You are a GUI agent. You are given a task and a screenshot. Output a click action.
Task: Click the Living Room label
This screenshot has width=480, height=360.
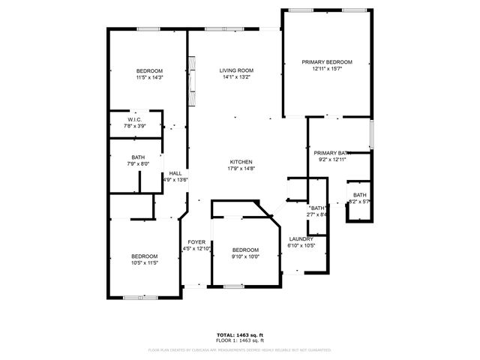234,70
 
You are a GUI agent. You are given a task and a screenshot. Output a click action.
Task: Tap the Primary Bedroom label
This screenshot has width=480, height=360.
327,62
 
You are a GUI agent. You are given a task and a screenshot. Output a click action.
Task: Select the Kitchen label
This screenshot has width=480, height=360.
240,162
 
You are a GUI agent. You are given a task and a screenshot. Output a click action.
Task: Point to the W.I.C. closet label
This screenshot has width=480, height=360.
135,120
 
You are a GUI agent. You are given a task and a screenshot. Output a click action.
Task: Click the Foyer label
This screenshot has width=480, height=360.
196,241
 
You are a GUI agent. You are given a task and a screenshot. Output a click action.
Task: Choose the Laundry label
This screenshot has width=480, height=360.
301,239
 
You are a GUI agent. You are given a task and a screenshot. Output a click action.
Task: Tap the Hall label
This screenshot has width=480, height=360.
175,174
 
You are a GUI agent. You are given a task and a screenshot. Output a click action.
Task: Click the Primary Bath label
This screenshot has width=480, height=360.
332,153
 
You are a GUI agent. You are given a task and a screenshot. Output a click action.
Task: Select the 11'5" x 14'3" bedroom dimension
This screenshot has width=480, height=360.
149,77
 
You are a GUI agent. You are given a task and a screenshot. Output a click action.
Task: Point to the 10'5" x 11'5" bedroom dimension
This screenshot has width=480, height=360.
145,263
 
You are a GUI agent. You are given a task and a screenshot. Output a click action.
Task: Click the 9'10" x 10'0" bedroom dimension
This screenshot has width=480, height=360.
244,256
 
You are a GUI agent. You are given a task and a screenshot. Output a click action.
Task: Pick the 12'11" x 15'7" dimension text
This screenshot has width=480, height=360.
327,69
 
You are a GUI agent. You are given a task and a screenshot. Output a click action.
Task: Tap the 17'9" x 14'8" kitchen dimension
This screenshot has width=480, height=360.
240,169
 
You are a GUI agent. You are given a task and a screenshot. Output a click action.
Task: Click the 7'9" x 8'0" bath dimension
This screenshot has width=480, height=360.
138,164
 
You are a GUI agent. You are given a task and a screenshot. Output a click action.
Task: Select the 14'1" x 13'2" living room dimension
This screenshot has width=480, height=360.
234,77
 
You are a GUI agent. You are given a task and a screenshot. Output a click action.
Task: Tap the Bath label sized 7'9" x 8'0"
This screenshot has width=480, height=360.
138,157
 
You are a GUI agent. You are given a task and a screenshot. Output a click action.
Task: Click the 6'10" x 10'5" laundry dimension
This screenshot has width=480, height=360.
301,246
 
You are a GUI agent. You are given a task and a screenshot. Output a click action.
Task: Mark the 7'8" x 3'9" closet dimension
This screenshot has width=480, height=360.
135,126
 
